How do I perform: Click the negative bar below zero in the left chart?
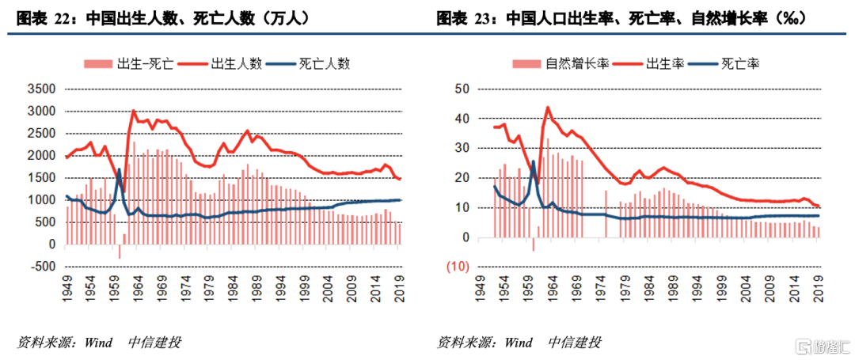(120, 251)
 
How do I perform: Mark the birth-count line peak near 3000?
(133, 112)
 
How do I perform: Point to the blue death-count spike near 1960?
(119, 169)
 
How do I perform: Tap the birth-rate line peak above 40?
(548, 108)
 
